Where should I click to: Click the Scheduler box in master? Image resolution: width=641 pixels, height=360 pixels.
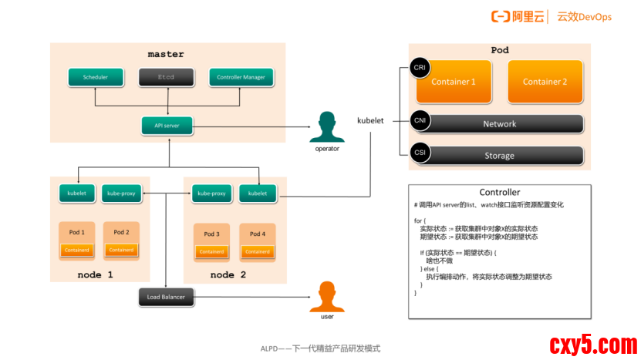click(x=96, y=77)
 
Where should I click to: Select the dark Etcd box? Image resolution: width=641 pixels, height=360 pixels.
click(x=166, y=77)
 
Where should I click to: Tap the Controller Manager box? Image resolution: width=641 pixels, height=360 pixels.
click(x=241, y=77)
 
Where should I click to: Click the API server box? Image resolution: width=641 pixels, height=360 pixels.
click(x=167, y=125)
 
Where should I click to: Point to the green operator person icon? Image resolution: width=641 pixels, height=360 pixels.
click(x=327, y=127)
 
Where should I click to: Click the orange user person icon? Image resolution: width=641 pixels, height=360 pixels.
click(x=327, y=297)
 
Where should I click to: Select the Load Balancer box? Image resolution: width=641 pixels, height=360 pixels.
click(x=167, y=297)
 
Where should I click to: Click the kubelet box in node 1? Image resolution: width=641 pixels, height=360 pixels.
click(x=77, y=193)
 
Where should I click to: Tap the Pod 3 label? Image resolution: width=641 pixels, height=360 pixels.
click(x=212, y=234)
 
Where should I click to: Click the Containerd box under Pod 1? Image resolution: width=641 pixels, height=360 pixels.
click(x=77, y=251)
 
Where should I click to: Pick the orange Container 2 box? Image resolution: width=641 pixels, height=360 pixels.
click(x=545, y=82)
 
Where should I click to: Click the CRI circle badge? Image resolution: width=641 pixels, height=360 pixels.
click(x=420, y=68)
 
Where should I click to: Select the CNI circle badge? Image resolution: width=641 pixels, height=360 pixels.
click(x=420, y=120)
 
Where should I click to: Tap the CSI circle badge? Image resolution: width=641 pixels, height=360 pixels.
click(x=420, y=153)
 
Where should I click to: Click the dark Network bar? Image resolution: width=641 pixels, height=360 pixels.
click(x=499, y=123)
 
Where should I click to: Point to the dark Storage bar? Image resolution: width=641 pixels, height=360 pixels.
click(x=499, y=155)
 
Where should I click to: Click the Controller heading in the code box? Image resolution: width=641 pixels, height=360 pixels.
click(x=500, y=192)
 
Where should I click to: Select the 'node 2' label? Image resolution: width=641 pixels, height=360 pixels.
click(x=228, y=274)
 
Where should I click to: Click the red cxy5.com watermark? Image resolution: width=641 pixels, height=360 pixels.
click(x=592, y=345)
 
